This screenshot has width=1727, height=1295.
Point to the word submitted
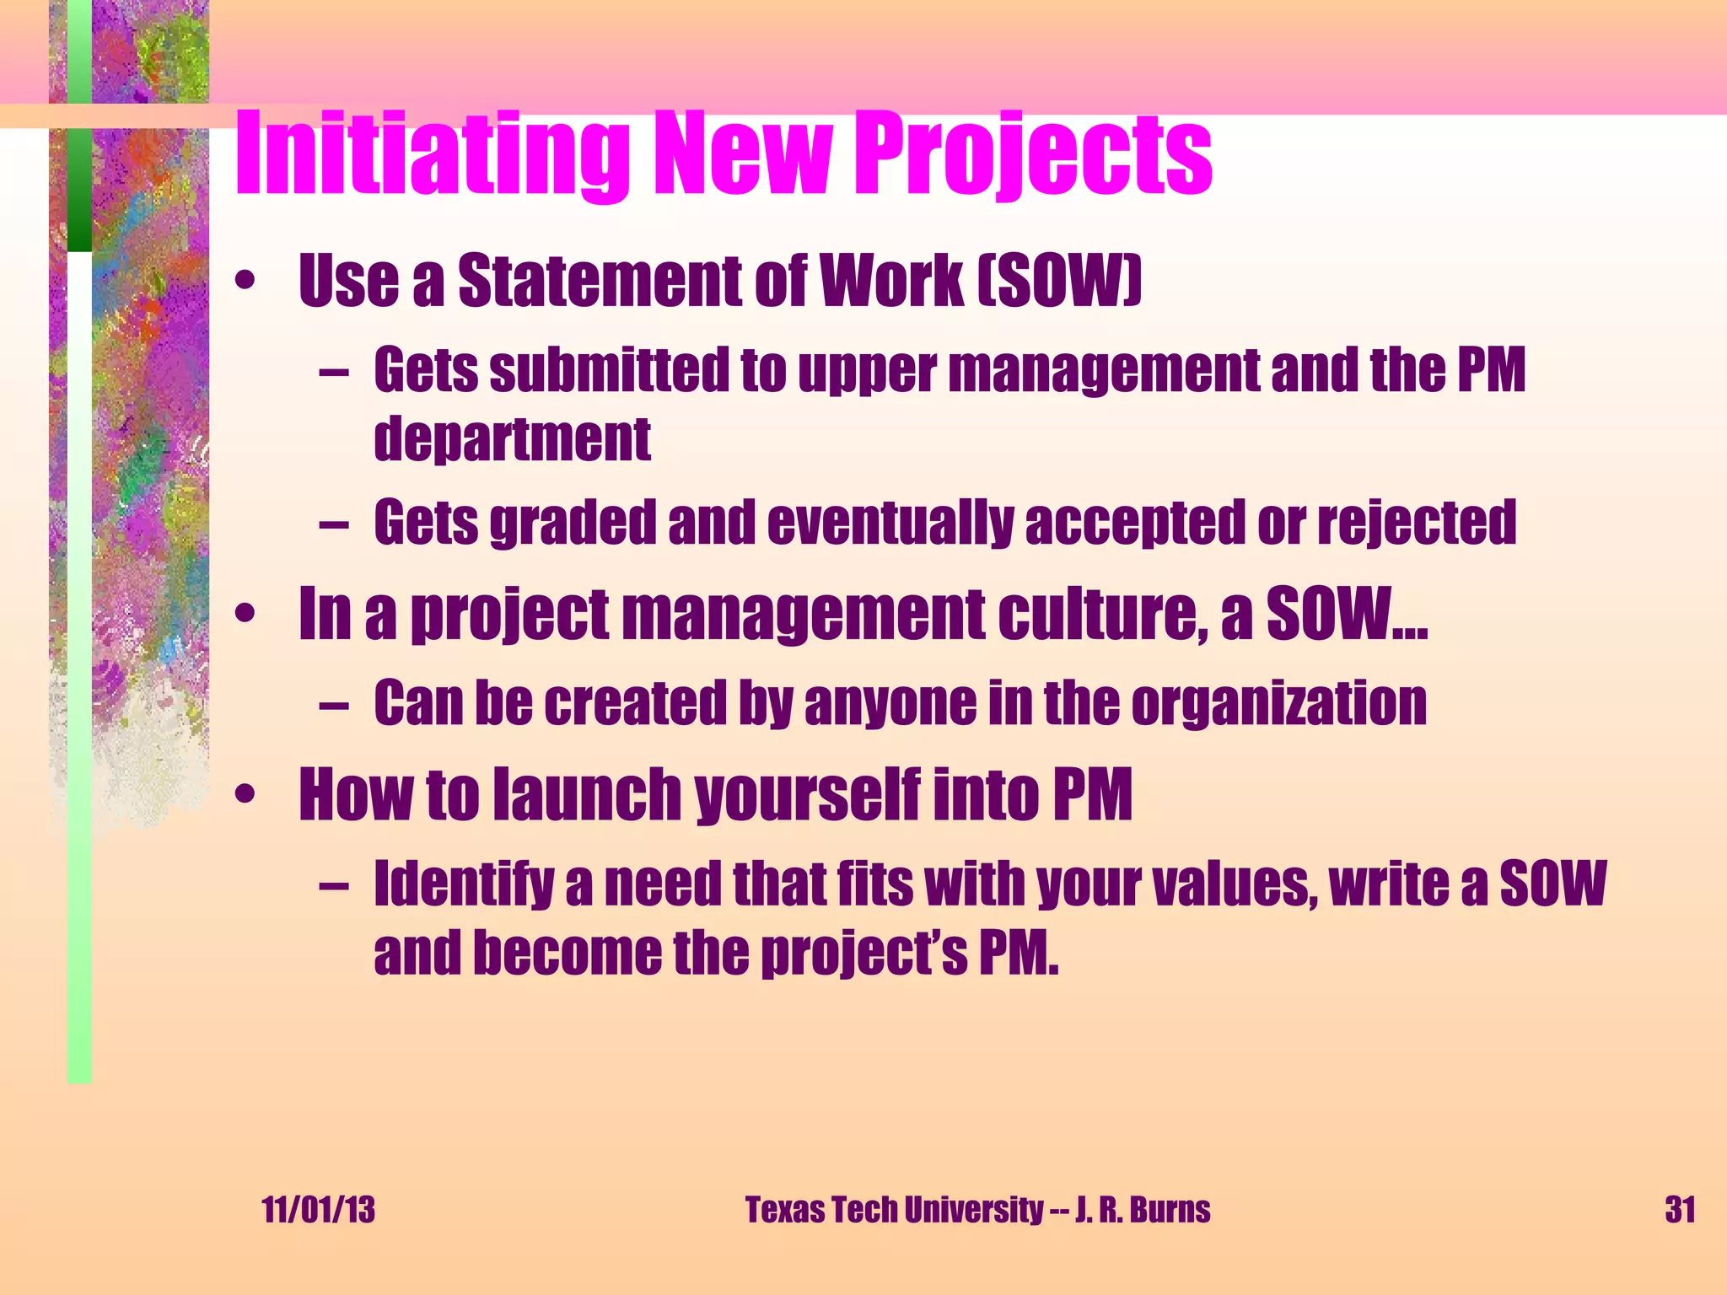609,371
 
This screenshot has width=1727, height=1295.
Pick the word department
512,439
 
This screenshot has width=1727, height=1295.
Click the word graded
573,524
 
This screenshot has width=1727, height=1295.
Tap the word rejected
1417,524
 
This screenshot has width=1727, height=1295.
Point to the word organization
1278,703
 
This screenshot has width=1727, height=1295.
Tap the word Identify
464,885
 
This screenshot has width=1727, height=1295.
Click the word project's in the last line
864,954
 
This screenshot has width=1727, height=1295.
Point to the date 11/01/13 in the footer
318,1210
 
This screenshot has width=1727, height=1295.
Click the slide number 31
1680,1210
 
